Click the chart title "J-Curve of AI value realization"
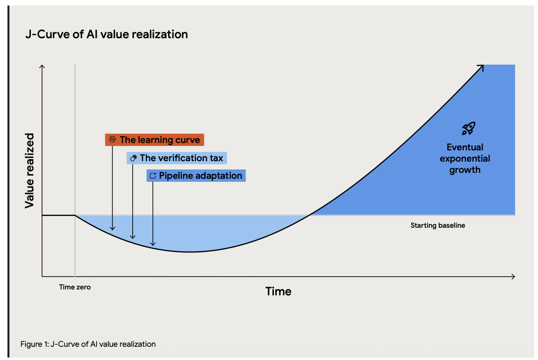[x=106, y=35]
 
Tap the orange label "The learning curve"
[x=154, y=140]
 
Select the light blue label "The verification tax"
[x=177, y=158]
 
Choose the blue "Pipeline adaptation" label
[x=196, y=176]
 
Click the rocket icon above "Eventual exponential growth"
[x=468, y=129]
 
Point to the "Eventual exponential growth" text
[x=465, y=158]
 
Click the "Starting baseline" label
[x=438, y=226]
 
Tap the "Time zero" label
[x=75, y=288]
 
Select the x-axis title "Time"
[x=278, y=291]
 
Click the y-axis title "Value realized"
[x=30, y=170]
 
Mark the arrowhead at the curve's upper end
[x=482, y=68]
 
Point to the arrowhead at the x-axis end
[x=513, y=277]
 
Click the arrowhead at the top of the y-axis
[x=43, y=67]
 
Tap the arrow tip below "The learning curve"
[x=113, y=228]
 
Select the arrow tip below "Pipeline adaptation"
[x=153, y=244]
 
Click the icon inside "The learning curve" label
[x=113, y=140]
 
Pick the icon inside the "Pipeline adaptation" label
[x=153, y=176]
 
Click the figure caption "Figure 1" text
[x=88, y=344]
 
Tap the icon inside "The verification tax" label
[x=133, y=158]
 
